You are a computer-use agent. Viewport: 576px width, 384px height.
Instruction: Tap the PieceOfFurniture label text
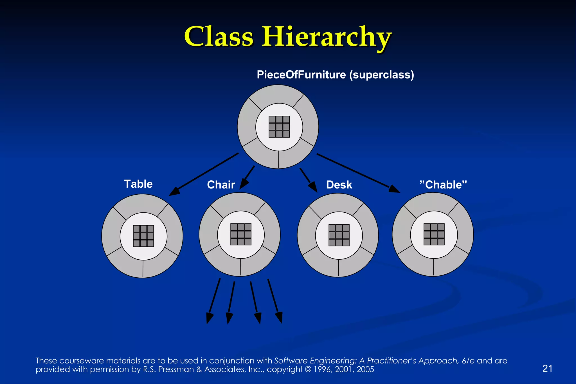pos(301,75)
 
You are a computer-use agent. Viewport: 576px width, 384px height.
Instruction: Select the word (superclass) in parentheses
pos(382,75)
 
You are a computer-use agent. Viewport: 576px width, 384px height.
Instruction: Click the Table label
pos(138,184)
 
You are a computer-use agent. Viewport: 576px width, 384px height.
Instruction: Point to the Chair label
pos(221,185)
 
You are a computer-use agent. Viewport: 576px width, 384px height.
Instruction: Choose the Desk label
pos(339,185)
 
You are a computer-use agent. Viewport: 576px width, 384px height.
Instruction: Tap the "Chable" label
pos(443,185)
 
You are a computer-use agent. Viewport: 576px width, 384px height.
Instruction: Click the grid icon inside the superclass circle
pos(279,127)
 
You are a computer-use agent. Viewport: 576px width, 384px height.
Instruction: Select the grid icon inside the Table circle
pos(143,236)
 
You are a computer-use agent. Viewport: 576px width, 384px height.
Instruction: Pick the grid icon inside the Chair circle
pos(241,234)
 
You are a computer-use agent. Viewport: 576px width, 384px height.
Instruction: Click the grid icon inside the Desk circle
pos(339,235)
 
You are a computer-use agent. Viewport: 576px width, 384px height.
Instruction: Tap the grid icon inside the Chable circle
pos(434,234)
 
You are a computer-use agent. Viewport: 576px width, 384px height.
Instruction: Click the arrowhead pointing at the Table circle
pos(174,191)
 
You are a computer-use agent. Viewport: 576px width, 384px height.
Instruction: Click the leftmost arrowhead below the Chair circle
pos(210,318)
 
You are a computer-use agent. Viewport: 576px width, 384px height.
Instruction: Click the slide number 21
pos(547,368)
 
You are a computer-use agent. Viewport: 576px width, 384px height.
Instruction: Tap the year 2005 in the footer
pos(365,369)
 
